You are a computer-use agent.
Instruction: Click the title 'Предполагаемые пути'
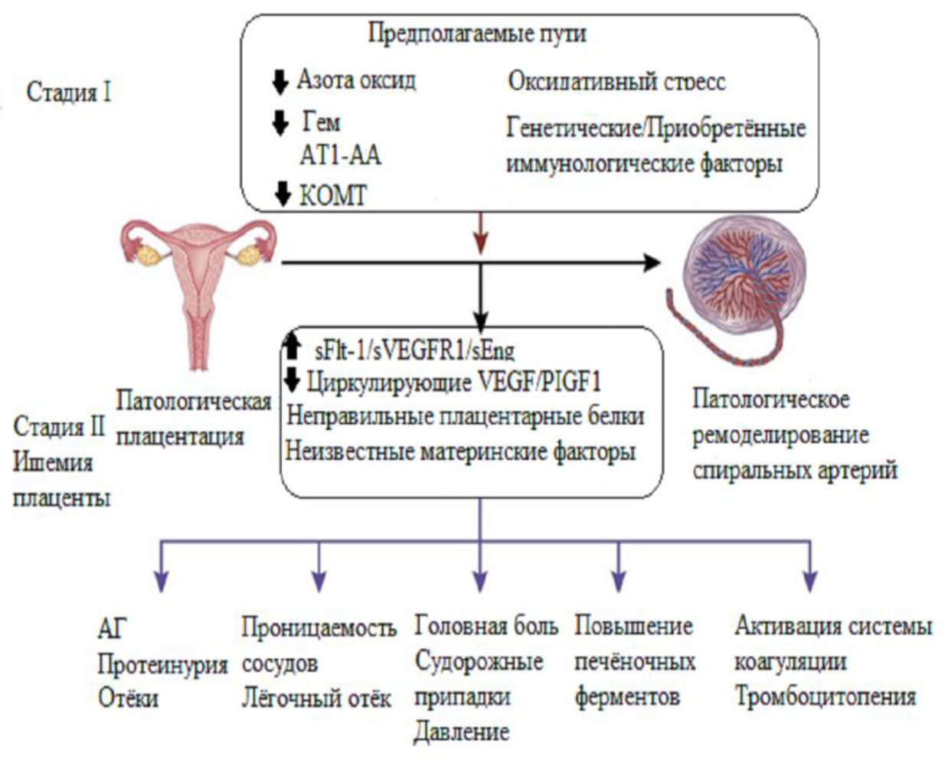pyautogui.click(x=477, y=34)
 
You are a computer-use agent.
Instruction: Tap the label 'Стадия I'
pyautogui.click(x=69, y=92)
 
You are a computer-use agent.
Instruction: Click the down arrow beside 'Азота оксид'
pyautogui.click(x=280, y=81)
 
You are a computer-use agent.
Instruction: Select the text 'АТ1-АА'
pyautogui.click(x=340, y=155)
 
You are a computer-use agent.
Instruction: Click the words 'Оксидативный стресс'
pyautogui.click(x=616, y=81)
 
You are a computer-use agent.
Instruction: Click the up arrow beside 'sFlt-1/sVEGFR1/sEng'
pyautogui.click(x=292, y=347)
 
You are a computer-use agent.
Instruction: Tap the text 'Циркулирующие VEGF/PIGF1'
pyautogui.click(x=454, y=381)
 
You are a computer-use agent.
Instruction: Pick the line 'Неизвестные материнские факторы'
pyautogui.click(x=460, y=451)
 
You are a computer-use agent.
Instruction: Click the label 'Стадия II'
pyautogui.click(x=59, y=426)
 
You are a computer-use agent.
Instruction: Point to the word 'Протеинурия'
pyautogui.click(x=162, y=663)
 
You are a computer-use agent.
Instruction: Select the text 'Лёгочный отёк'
pyautogui.click(x=316, y=698)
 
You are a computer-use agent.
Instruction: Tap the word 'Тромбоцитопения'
pyautogui.click(x=826, y=696)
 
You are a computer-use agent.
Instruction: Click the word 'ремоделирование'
pyautogui.click(x=780, y=435)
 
